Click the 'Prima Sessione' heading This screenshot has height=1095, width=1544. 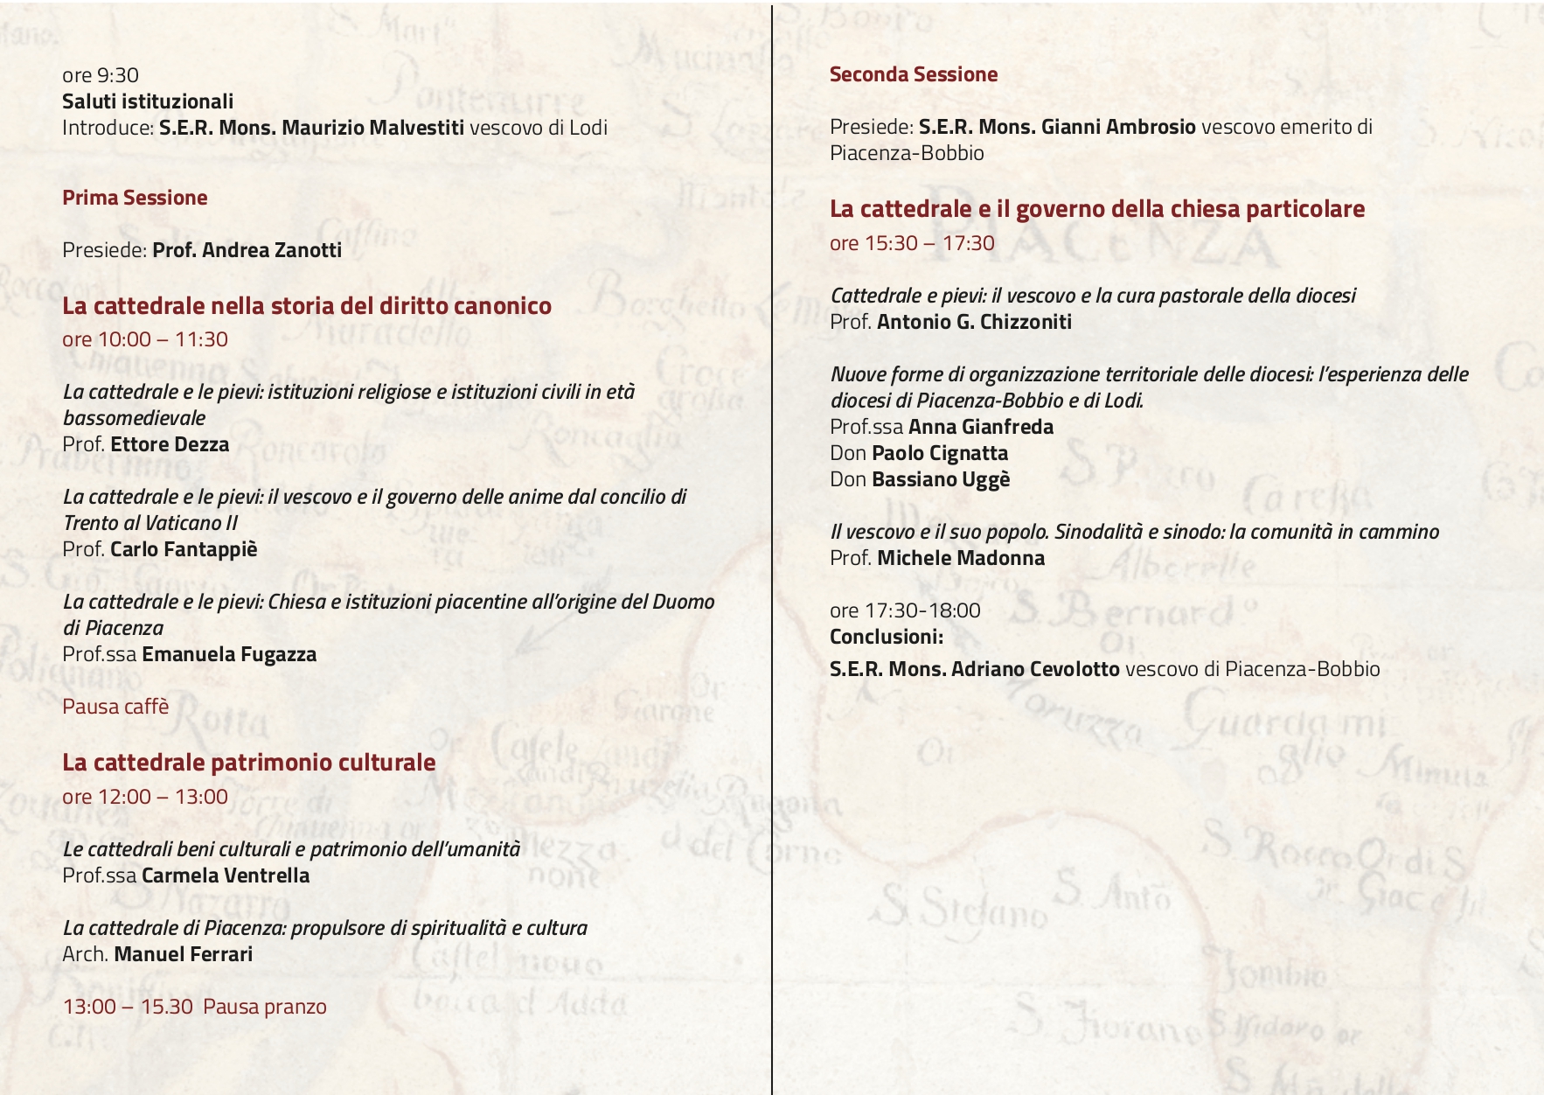135,198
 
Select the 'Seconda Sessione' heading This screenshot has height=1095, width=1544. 914,74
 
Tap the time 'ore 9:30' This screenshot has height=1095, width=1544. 101,75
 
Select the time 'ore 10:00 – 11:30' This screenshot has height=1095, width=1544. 145,339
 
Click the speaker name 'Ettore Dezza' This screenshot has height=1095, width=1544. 170,444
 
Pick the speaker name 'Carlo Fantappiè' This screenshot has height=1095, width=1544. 184,549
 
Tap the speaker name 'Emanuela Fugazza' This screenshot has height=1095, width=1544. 229,654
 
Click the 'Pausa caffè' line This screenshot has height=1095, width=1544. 115,707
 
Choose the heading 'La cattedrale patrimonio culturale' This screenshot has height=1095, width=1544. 248,763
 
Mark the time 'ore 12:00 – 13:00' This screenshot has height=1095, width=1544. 145,797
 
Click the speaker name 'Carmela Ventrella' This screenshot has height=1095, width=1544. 226,875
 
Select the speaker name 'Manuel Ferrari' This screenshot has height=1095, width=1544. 184,954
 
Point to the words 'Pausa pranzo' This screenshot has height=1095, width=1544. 265,1007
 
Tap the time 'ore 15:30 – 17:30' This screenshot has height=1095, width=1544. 912,243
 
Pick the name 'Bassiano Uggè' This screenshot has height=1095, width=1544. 941,479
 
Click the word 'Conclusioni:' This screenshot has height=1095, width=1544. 887,637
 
